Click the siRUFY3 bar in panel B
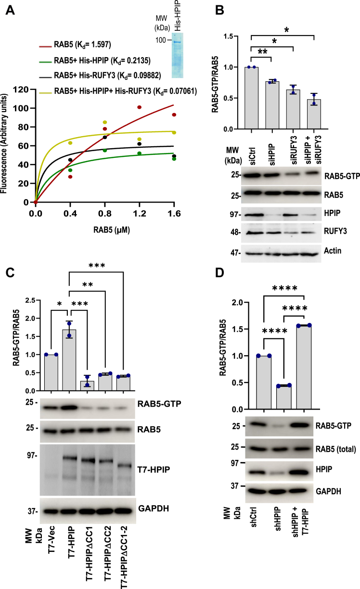click(292, 109)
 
